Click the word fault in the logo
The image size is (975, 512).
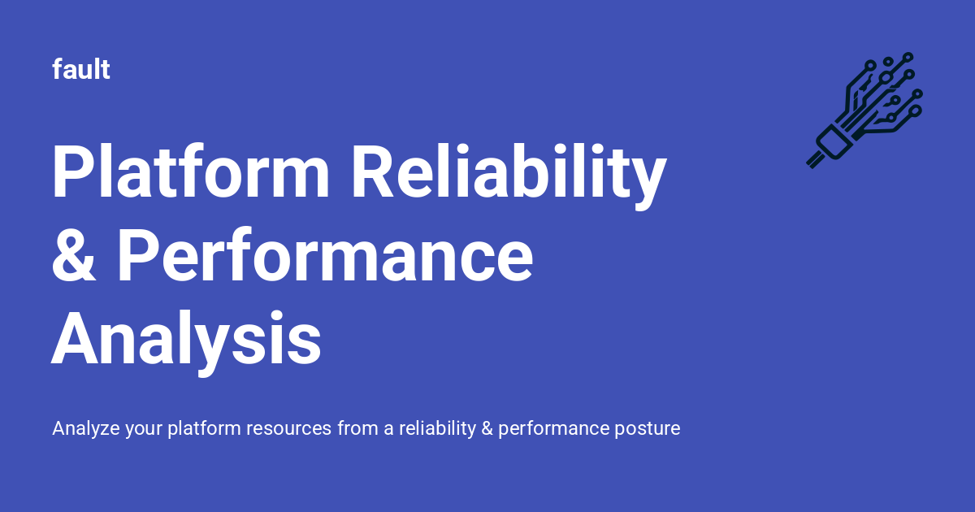point(81,70)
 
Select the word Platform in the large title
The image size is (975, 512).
point(191,172)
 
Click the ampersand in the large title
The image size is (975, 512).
point(74,256)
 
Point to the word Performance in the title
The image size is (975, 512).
point(325,256)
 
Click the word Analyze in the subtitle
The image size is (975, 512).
point(86,428)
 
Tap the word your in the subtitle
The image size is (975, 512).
point(144,428)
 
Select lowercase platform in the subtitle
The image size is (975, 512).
point(201,428)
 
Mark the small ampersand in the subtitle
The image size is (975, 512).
point(487,428)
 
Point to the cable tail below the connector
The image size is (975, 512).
point(813,160)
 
